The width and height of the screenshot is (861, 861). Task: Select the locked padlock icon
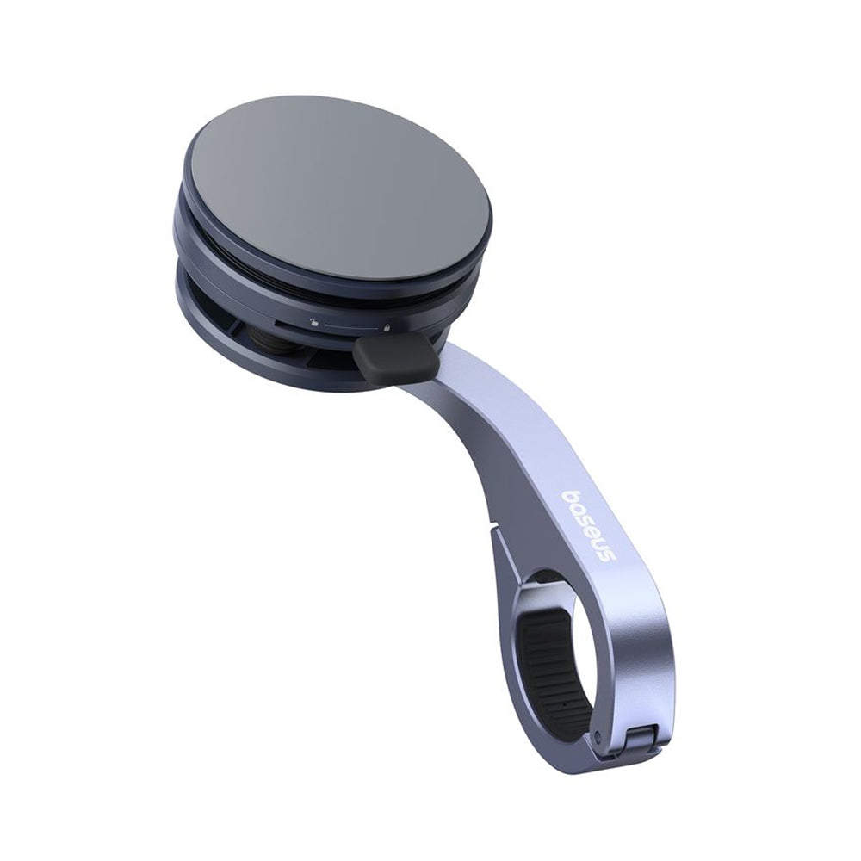[x=388, y=328]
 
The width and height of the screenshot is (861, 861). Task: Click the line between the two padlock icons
[x=351, y=325]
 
